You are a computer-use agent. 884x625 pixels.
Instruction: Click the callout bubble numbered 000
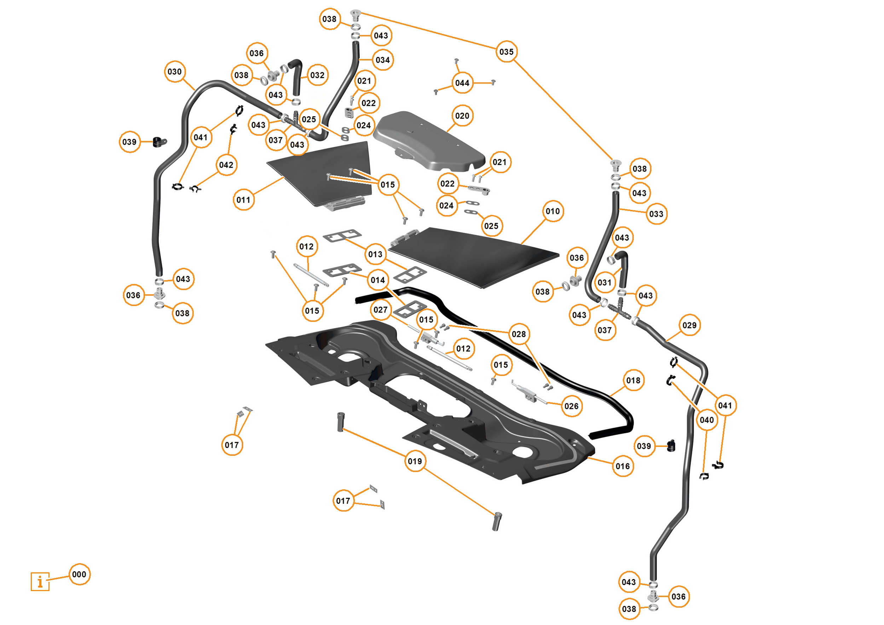point(79,574)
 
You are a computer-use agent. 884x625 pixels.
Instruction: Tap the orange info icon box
point(40,582)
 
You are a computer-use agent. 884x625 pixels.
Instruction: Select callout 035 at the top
point(506,52)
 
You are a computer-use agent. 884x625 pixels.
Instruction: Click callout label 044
point(462,83)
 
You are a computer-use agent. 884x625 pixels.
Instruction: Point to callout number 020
point(462,116)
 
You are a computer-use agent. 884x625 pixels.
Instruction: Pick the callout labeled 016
point(623,466)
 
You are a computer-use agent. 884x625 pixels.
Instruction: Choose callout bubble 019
point(415,461)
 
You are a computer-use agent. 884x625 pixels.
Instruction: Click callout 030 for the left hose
point(174,71)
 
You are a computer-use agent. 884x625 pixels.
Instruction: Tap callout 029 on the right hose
point(689,325)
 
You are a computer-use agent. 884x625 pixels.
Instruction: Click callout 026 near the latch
point(571,406)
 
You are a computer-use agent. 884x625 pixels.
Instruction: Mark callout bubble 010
point(553,211)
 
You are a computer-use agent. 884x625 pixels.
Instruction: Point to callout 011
point(243,200)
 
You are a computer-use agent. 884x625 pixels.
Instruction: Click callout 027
point(380,309)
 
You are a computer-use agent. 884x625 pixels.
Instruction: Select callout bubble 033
point(656,214)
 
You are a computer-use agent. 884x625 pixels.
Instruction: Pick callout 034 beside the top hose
point(383,60)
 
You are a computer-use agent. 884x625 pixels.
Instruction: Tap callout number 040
point(706,420)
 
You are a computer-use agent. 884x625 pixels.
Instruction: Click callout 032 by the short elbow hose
point(317,75)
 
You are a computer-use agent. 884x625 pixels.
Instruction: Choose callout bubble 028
point(519,334)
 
